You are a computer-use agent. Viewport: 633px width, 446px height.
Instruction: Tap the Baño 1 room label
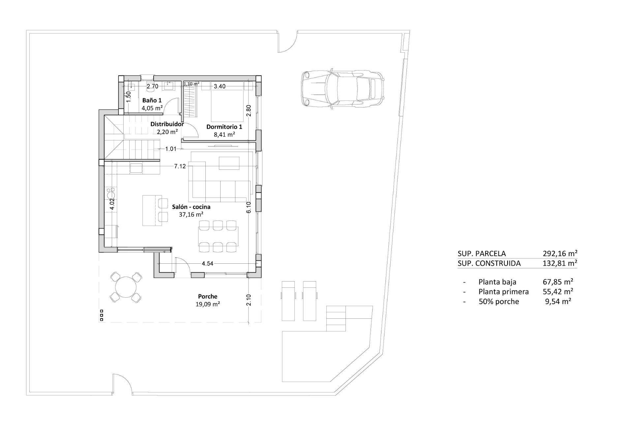click(x=152, y=100)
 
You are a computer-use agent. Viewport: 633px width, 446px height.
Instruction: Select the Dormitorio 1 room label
click(x=224, y=127)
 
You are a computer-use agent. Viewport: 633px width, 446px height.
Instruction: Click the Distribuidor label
click(x=167, y=124)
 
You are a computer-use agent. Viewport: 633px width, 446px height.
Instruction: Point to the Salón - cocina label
click(x=191, y=207)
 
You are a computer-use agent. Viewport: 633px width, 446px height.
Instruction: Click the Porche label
click(x=208, y=296)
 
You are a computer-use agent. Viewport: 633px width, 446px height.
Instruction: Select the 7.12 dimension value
click(x=180, y=166)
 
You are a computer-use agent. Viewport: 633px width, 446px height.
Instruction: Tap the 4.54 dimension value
click(x=207, y=263)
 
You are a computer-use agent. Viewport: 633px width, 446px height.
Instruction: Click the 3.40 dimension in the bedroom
click(x=220, y=86)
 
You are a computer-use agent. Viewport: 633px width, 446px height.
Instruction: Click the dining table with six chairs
click(x=218, y=236)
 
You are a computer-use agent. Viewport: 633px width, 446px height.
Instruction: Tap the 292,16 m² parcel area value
click(x=560, y=253)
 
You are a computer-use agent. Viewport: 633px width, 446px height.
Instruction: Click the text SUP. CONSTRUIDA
click(x=489, y=263)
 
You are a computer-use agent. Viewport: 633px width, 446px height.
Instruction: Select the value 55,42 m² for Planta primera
click(x=558, y=291)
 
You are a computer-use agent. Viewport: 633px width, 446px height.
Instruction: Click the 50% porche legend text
click(x=498, y=301)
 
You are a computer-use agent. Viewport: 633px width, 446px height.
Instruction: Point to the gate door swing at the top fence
click(x=286, y=43)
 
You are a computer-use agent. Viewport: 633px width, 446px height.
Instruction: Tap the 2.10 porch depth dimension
click(x=249, y=300)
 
